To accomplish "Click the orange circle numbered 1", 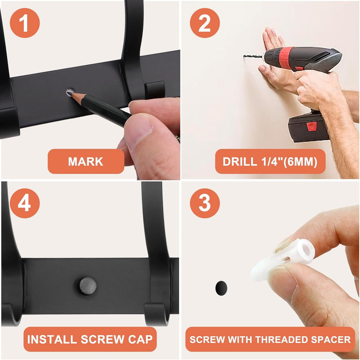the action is click(x=25, y=23).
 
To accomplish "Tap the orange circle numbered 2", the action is click(x=205, y=23).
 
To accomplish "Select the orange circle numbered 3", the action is click(x=205, y=203).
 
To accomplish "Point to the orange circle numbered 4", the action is click(x=25, y=203).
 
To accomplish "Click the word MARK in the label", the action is click(x=86, y=161).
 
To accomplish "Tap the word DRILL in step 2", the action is click(x=240, y=162).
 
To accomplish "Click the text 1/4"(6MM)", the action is click(x=289, y=162).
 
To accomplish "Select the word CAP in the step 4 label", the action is click(x=140, y=339).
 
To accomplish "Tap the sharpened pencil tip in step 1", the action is click(x=69, y=93).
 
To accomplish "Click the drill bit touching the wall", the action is click(x=252, y=56).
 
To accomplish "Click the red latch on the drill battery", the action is click(x=311, y=126).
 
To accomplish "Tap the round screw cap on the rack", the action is click(x=88, y=286).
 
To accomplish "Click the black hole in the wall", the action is click(x=221, y=288).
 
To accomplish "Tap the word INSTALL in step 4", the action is click(x=52, y=339).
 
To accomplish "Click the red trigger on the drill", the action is click(x=299, y=69).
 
